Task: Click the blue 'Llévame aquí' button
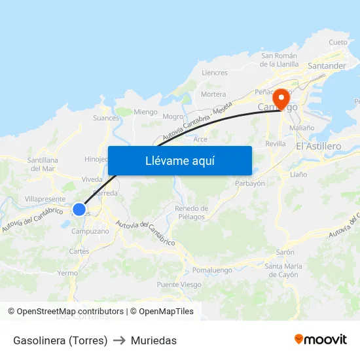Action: click(x=179, y=160)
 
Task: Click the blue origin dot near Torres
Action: click(x=79, y=209)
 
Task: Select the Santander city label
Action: click(x=327, y=66)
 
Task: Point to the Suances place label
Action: click(x=106, y=118)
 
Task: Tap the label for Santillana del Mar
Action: click(x=43, y=164)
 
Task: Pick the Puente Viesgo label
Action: click(x=179, y=285)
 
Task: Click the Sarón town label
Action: click(x=285, y=252)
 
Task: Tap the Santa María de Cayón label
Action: click(x=283, y=270)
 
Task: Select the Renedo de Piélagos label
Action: click(x=191, y=212)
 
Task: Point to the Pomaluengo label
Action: click(x=213, y=270)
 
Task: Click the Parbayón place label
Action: click(x=250, y=184)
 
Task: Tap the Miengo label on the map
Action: click(x=145, y=112)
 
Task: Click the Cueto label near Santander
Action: click(x=338, y=42)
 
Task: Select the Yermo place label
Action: click(x=67, y=273)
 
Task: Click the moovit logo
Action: click(x=321, y=340)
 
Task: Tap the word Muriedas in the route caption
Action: click(x=154, y=340)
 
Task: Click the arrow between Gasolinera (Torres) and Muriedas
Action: click(x=119, y=340)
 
